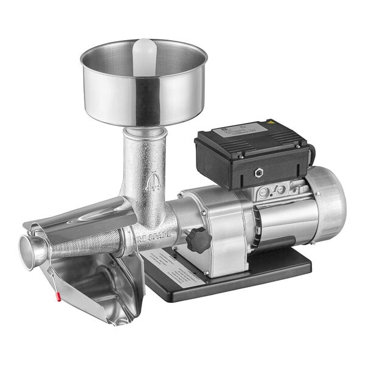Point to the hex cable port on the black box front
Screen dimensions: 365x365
pos(261,173)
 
